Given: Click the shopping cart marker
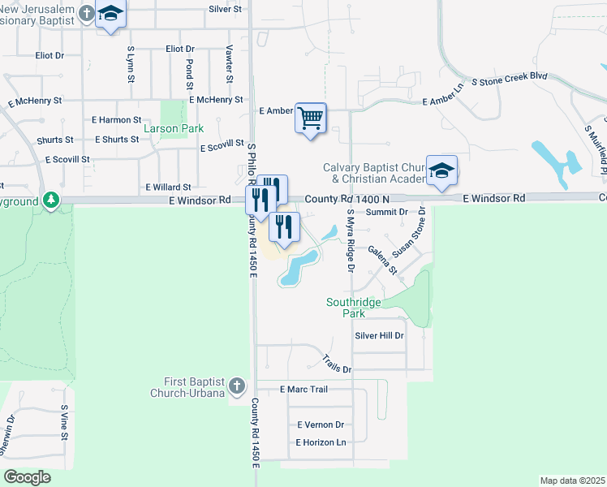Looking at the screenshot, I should [311, 119].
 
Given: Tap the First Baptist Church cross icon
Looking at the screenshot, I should [236, 386].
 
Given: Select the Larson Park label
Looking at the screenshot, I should [173, 128].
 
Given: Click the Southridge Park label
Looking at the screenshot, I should [353, 308].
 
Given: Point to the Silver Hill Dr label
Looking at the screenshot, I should [379, 335].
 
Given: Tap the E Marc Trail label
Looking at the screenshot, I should [303, 390].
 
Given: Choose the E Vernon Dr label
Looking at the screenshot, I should [321, 425].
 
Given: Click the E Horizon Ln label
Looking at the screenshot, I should [321, 442].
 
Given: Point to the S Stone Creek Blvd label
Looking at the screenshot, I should [510, 80].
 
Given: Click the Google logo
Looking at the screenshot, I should [28, 477].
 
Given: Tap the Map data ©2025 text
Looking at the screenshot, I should [572, 481].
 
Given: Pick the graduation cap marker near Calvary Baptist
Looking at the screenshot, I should [441, 170].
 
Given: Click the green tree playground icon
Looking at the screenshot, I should [51, 199].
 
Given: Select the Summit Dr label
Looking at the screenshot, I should [386, 212].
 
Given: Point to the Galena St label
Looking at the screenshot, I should [381, 259].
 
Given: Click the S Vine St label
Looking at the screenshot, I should [64, 422].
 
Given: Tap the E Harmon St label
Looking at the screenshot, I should [117, 120].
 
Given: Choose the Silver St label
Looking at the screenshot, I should [226, 9].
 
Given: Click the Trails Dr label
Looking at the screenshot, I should [336, 364].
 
